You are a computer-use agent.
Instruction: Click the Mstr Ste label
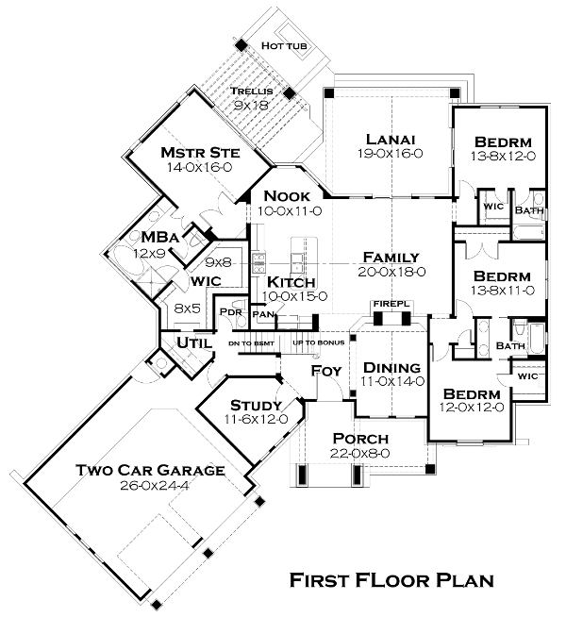tap(199, 153)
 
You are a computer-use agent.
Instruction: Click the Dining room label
tap(391, 367)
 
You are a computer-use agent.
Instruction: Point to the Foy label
tap(325, 371)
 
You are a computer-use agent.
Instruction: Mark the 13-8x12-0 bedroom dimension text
tap(502, 156)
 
